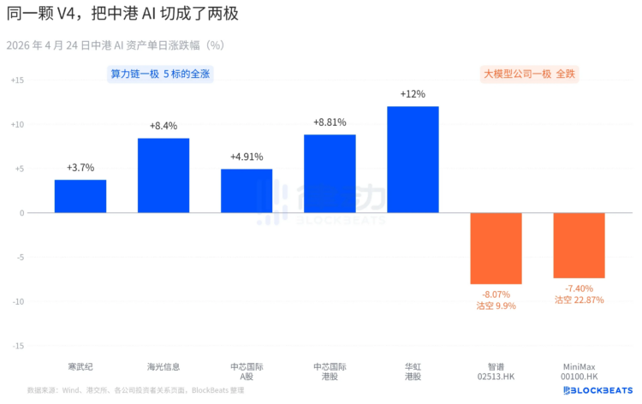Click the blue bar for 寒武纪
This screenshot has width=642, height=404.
[80, 196]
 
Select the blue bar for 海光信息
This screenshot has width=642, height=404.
[163, 175]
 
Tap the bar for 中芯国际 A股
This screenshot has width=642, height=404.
[247, 191]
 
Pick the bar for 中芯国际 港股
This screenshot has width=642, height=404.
[330, 174]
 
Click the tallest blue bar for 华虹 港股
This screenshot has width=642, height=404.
[413, 159]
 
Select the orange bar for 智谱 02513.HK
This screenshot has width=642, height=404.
[496, 248]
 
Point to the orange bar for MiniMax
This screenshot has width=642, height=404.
[579, 246]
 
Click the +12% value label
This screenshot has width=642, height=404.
[413, 94]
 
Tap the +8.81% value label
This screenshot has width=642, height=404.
[330, 122]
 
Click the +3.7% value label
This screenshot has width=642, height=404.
[80, 168]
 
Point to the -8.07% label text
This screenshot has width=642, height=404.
[496, 294]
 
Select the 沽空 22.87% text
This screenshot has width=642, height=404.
[579, 300]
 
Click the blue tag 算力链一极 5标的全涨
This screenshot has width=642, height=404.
[160, 74]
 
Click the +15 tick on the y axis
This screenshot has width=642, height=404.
[18, 80]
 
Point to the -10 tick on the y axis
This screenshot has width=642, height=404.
[18, 301]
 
